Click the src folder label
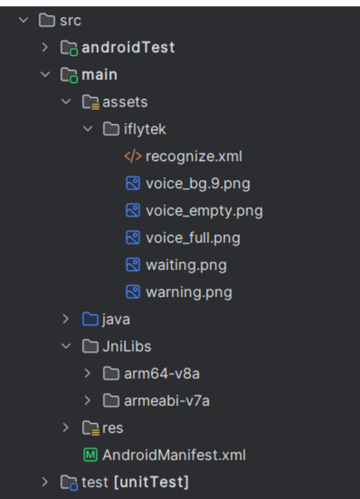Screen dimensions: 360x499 pos(71,21)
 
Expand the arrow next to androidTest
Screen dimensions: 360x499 pos(45,48)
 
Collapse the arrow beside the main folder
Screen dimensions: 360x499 pos(45,74)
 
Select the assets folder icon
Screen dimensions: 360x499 pos(90,102)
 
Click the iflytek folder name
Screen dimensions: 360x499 pos(145,129)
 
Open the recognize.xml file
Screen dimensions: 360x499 pos(194,156)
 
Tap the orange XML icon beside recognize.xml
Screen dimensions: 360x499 pos(133,156)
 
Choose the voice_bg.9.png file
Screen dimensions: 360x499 pos(198,184)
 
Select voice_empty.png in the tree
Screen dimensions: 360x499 pos(204,211)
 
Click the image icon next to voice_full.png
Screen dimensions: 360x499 pos(133,238)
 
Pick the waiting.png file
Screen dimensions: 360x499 pos(186,265)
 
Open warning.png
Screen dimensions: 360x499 pos(189,293)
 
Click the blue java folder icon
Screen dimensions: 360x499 pos(90,319)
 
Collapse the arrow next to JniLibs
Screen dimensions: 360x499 pos(66,346)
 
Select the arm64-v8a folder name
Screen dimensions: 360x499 pos(162,373)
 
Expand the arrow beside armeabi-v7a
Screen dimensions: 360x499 pos(87,400)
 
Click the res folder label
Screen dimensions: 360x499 pos(113,428)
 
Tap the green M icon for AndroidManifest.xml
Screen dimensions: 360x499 pos(90,455)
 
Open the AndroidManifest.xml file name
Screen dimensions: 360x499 pos(174,455)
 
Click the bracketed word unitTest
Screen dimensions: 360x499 pos(151,482)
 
